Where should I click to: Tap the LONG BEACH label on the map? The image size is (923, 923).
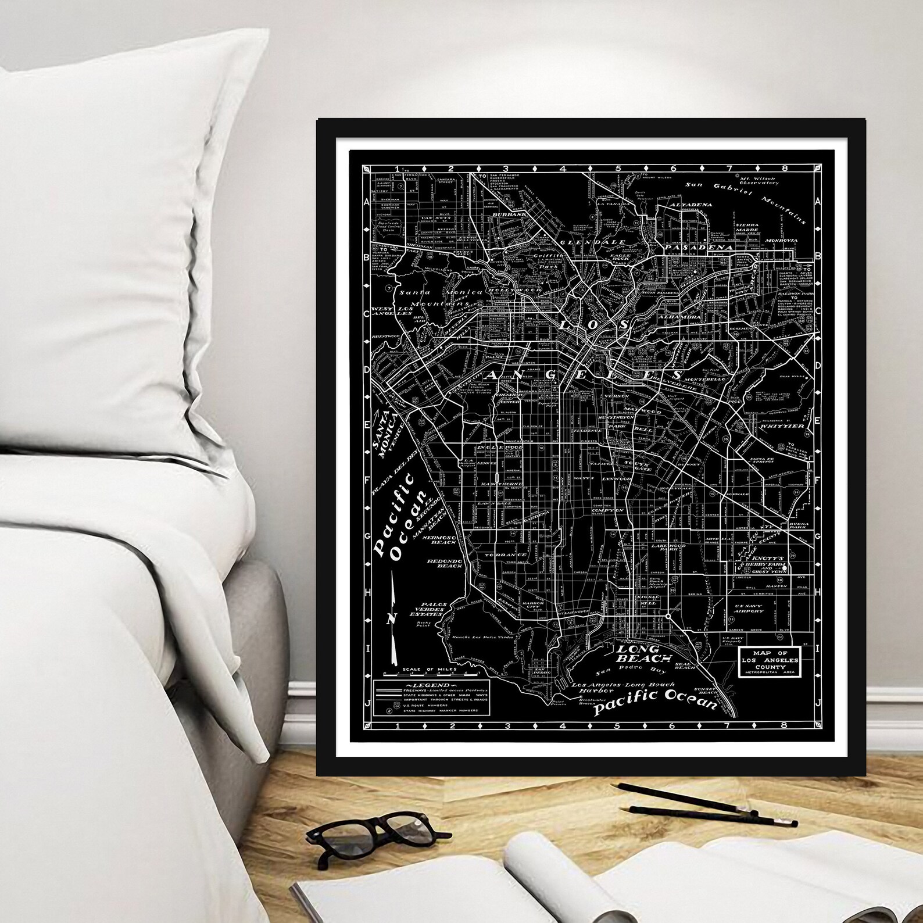coord(639,653)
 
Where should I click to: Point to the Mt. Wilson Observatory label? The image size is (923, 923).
coord(759,179)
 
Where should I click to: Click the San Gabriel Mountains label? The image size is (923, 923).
coord(747,198)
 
